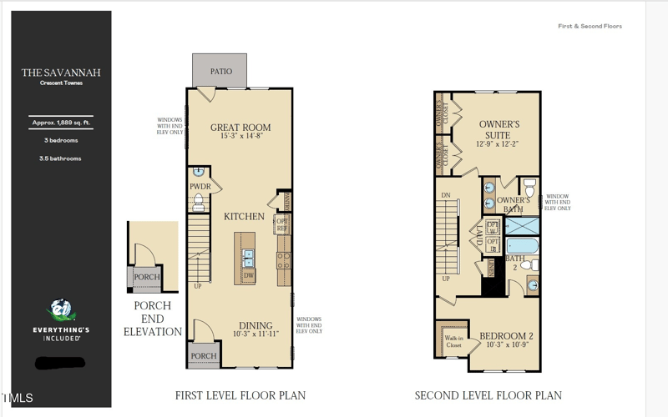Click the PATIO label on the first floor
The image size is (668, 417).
221,72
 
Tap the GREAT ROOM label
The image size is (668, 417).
240,128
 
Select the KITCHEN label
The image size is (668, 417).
244,217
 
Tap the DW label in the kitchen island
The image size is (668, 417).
248,275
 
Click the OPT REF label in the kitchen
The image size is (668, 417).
282,225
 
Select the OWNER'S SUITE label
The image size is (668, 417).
499,129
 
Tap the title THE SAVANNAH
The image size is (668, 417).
61,73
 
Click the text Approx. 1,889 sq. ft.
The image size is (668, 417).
61,123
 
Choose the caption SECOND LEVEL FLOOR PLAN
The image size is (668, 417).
488,395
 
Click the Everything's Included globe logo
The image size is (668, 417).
60,311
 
